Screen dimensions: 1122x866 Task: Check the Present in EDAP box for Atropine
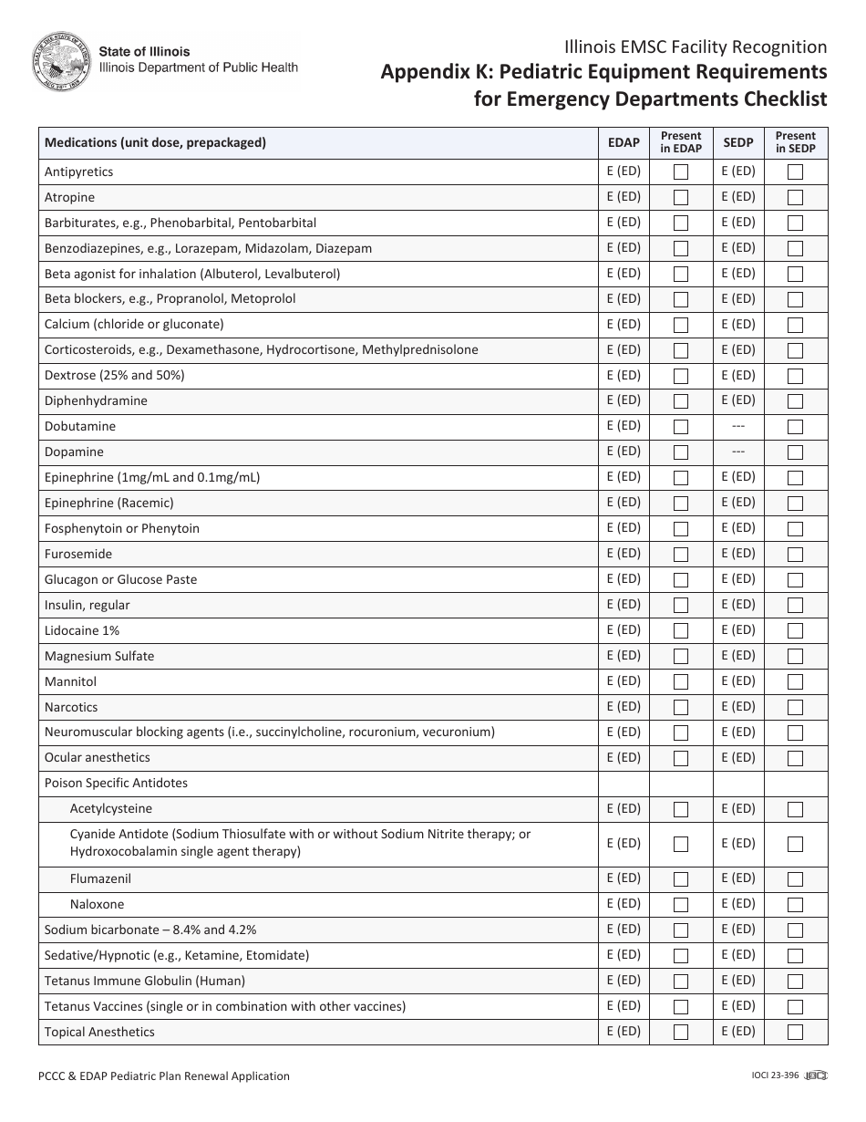tap(681, 197)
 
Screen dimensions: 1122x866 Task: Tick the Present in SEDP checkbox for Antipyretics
tap(795, 171)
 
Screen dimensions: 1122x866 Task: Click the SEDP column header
tap(738, 143)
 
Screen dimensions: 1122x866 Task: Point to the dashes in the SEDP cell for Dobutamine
tap(738, 426)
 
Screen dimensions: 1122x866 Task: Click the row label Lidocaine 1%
tap(82, 630)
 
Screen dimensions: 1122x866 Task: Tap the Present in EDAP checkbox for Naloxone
tap(681, 905)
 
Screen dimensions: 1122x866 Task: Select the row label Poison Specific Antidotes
tap(116, 784)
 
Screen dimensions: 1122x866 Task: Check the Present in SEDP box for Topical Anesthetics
tap(795, 1033)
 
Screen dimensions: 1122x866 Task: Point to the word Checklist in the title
tap(780, 99)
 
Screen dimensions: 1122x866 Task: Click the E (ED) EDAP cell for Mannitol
tap(624, 681)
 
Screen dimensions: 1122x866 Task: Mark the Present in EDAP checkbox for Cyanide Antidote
tap(681, 844)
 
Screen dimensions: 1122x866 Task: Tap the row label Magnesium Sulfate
tap(99, 656)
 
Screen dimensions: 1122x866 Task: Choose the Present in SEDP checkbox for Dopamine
tap(795, 452)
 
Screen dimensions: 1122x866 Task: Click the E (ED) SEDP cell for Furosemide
tap(738, 554)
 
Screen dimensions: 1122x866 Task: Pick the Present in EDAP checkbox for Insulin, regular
tap(681, 606)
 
